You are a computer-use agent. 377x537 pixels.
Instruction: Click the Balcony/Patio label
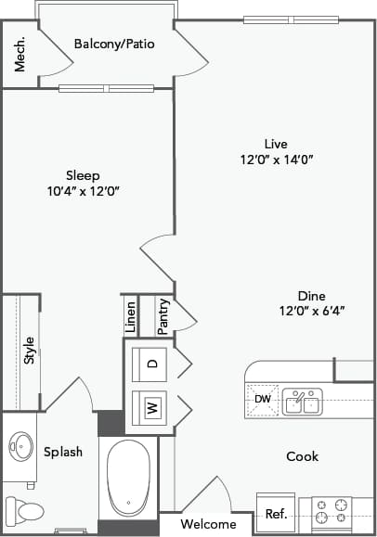click(114, 44)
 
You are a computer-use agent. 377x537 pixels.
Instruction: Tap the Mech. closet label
click(19, 57)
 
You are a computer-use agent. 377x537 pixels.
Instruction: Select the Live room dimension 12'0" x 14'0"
click(276, 159)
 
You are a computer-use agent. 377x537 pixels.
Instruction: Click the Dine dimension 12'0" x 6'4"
click(310, 311)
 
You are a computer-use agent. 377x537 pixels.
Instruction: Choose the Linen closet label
click(131, 316)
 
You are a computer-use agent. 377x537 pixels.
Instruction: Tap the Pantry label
click(162, 316)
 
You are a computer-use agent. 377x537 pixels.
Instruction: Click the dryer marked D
click(149, 364)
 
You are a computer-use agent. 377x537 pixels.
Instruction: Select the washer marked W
click(149, 407)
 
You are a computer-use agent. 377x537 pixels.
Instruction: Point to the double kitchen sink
click(303, 402)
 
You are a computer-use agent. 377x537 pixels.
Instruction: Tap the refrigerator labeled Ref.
click(276, 514)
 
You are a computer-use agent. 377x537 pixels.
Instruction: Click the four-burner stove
click(331, 513)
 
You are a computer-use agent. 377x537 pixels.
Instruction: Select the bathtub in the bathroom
click(129, 479)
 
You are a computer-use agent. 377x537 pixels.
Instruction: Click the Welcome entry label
click(207, 524)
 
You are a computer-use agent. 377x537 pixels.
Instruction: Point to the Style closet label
click(29, 351)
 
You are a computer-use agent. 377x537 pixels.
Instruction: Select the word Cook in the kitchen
click(302, 456)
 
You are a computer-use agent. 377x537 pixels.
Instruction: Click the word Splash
click(63, 452)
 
